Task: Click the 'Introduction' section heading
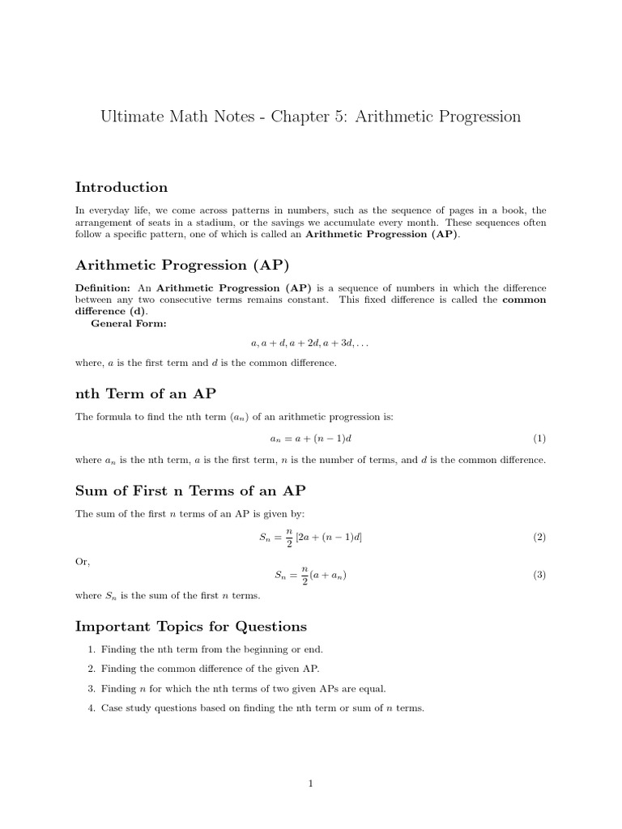point(121,188)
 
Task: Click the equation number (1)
point(539,439)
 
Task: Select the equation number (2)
point(539,538)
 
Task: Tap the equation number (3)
point(539,576)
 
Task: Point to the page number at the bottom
point(310,783)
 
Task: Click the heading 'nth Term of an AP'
point(145,394)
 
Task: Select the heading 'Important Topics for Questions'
point(191,627)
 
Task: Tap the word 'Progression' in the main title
point(475,117)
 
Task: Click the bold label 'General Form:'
point(129,323)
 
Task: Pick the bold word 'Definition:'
point(103,288)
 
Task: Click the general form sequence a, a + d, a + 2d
point(310,343)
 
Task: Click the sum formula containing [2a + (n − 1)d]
point(311,538)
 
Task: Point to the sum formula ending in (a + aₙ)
point(311,576)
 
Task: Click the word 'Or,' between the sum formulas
point(83,561)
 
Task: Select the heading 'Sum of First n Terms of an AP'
point(190,491)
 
